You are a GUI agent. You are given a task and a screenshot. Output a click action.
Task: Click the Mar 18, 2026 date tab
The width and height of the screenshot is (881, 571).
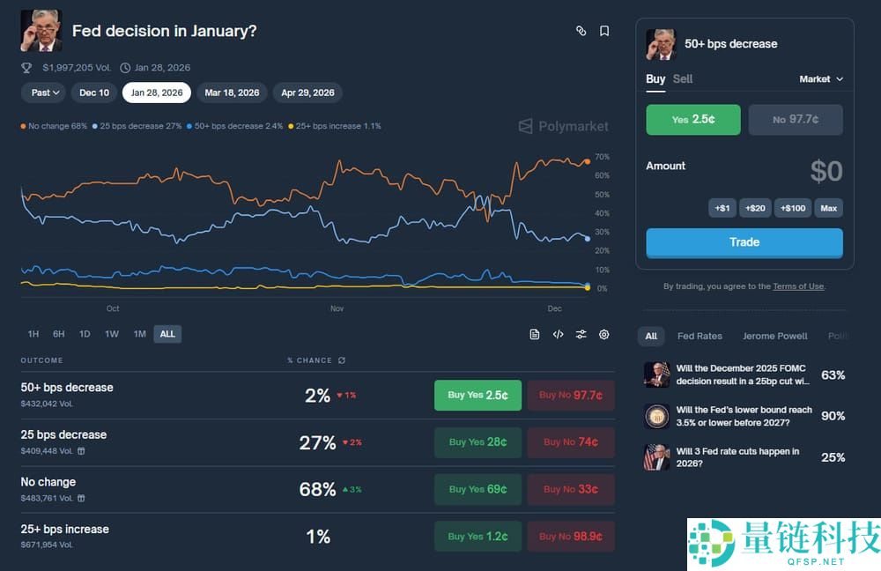pyautogui.click(x=232, y=93)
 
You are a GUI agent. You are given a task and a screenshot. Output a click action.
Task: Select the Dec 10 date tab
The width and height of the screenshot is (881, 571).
pyautogui.click(x=94, y=93)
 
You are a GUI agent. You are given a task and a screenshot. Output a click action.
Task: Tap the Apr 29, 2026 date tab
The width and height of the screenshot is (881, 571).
pyautogui.click(x=307, y=93)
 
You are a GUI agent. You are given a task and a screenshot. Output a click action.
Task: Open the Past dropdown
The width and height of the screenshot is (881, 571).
pyautogui.click(x=45, y=93)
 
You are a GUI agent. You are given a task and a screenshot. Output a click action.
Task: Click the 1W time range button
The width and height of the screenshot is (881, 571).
pyautogui.click(x=112, y=334)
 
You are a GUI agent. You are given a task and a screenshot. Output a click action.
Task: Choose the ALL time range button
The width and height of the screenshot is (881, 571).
pyautogui.click(x=167, y=334)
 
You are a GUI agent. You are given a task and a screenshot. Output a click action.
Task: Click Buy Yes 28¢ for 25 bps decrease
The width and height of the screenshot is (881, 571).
pyautogui.click(x=478, y=442)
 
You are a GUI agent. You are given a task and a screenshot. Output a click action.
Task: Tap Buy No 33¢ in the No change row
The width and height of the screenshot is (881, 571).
pyautogui.click(x=571, y=489)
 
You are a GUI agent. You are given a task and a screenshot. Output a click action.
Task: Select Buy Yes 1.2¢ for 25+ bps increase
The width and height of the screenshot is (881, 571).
pyautogui.click(x=478, y=536)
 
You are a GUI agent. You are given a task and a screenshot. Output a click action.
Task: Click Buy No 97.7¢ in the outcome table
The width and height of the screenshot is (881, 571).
pyautogui.click(x=571, y=395)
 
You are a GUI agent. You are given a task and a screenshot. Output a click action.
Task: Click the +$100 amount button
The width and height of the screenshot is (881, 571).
pyautogui.click(x=793, y=208)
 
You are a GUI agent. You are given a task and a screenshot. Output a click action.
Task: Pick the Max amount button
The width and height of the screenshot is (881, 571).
pyautogui.click(x=828, y=208)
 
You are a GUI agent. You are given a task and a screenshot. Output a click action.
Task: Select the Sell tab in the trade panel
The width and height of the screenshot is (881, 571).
pyautogui.click(x=683, y=78)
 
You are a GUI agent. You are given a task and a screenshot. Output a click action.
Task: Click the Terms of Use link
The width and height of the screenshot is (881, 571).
pyautogui.click(x=798, y=286)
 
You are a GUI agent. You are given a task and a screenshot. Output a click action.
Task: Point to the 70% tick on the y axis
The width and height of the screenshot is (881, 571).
pyautogui.click(x=603, y=157)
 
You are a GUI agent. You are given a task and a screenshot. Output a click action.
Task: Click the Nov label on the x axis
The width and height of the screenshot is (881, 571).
pyautogui.click(x=337, y=309)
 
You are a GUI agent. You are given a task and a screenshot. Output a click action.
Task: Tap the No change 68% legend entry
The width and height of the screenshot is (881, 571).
pyautogui.click(x=55, y=126)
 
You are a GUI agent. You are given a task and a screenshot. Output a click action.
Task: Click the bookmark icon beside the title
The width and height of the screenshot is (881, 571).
pyautogui.click(x=604, y=31)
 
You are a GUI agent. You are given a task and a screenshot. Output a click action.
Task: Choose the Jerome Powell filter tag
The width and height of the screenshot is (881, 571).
pyautogui.click(x=775, y=336)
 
